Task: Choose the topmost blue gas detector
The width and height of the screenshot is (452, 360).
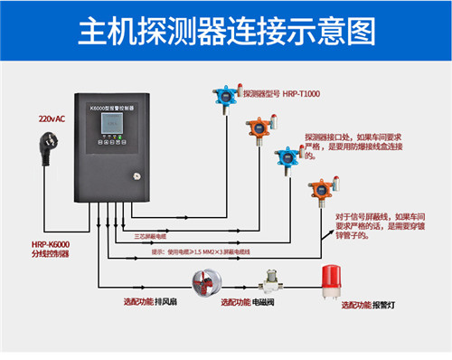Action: tap(221, 98)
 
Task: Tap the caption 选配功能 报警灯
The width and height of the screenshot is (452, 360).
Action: tap(372, 306)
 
